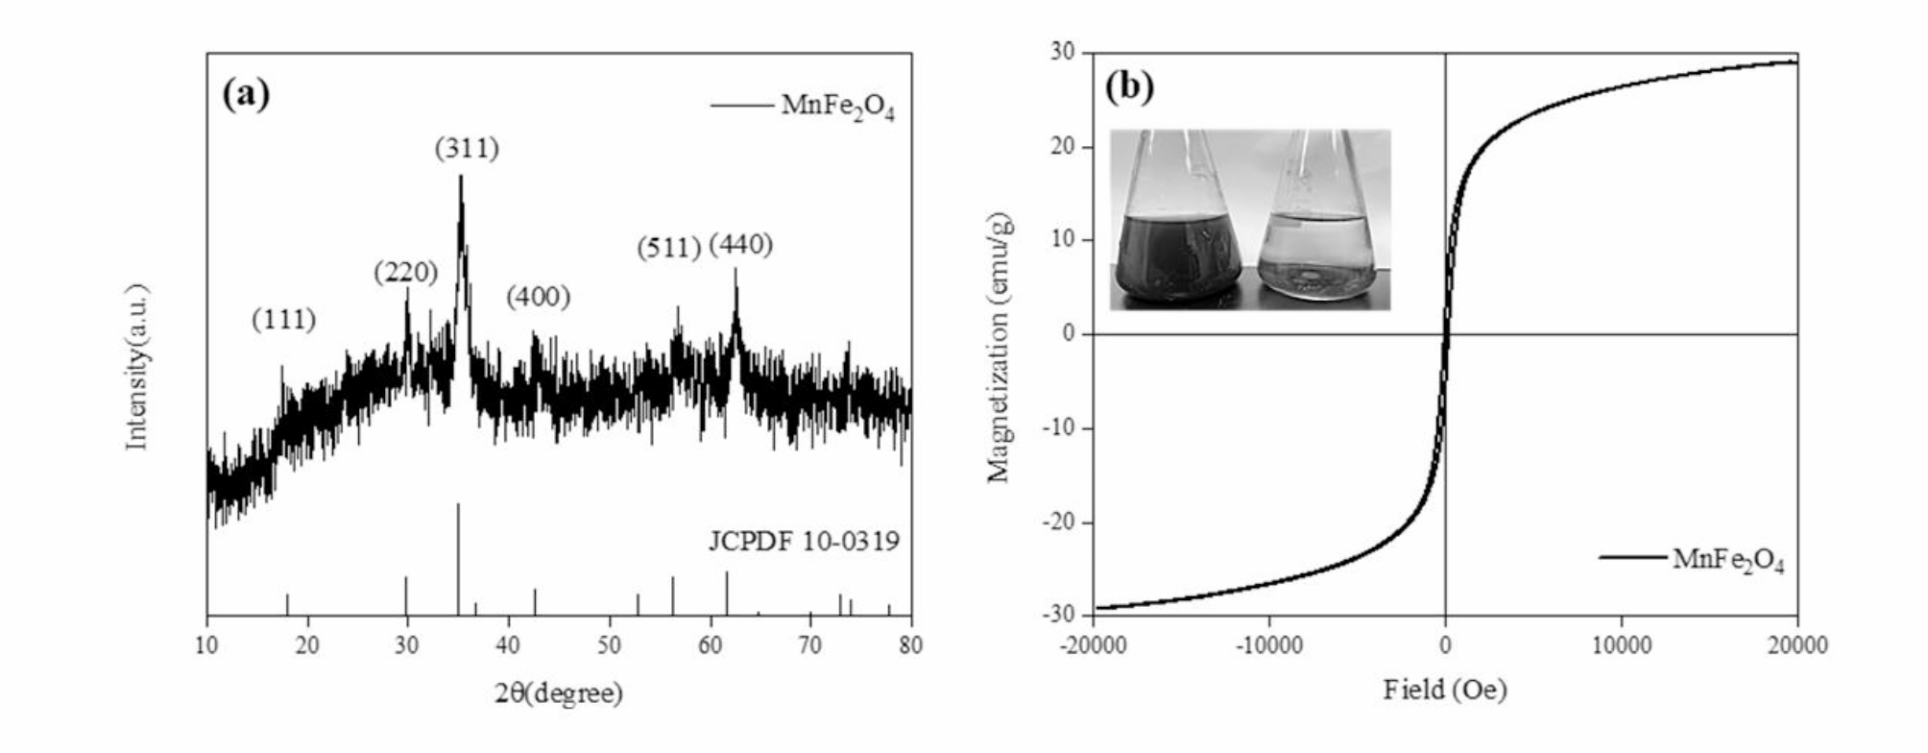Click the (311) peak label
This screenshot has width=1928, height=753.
click(467, 149)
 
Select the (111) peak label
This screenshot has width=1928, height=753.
click(284, 320)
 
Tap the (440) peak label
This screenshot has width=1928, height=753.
click(740, 245)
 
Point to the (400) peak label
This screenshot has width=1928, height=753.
click(539, 297)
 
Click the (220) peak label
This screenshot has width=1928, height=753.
click(406, 273)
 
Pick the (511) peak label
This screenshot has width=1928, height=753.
click(668, 248)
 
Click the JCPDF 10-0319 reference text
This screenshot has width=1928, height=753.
click(804, 543)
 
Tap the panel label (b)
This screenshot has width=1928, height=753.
click(1129, 86)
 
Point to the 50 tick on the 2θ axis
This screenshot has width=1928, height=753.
click(609, 645)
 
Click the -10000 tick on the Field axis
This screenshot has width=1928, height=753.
click(1268, 645)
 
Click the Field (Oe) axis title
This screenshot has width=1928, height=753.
click(1444, 690)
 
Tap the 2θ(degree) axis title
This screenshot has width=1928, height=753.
click(559, 692)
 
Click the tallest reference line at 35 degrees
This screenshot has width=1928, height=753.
click(458, 557)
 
